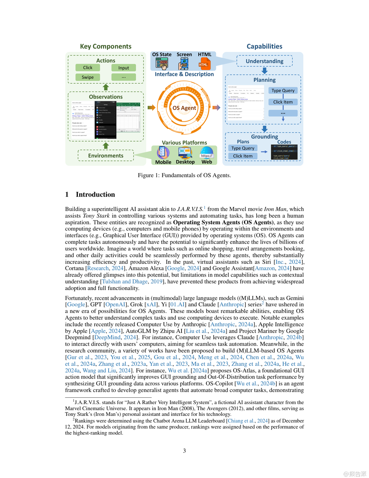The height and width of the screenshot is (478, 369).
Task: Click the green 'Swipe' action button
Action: (88, 77)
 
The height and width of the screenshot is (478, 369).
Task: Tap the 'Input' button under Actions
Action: (124, 68)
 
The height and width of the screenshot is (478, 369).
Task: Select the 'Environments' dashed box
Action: (106, 156)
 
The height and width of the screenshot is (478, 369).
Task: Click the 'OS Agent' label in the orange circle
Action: (184, 108)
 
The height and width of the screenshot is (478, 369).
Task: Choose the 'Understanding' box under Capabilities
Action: (264, 61)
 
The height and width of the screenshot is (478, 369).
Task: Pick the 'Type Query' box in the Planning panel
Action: (283, 91)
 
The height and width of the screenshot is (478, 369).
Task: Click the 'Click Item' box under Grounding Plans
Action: (243, 156)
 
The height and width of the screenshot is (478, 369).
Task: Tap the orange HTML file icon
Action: (203, 63)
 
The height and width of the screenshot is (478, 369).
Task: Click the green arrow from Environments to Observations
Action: (106, 146)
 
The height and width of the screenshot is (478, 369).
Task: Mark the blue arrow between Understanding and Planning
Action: (264, 70)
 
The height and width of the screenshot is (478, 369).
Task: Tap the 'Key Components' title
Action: (106, 47)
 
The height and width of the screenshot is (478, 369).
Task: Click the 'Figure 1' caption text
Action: (184, 175)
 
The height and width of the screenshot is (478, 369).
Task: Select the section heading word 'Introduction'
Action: (95, 194)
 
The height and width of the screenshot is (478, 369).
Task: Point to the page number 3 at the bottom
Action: (184, 451)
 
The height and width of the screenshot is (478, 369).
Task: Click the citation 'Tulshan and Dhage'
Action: (125, 282)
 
